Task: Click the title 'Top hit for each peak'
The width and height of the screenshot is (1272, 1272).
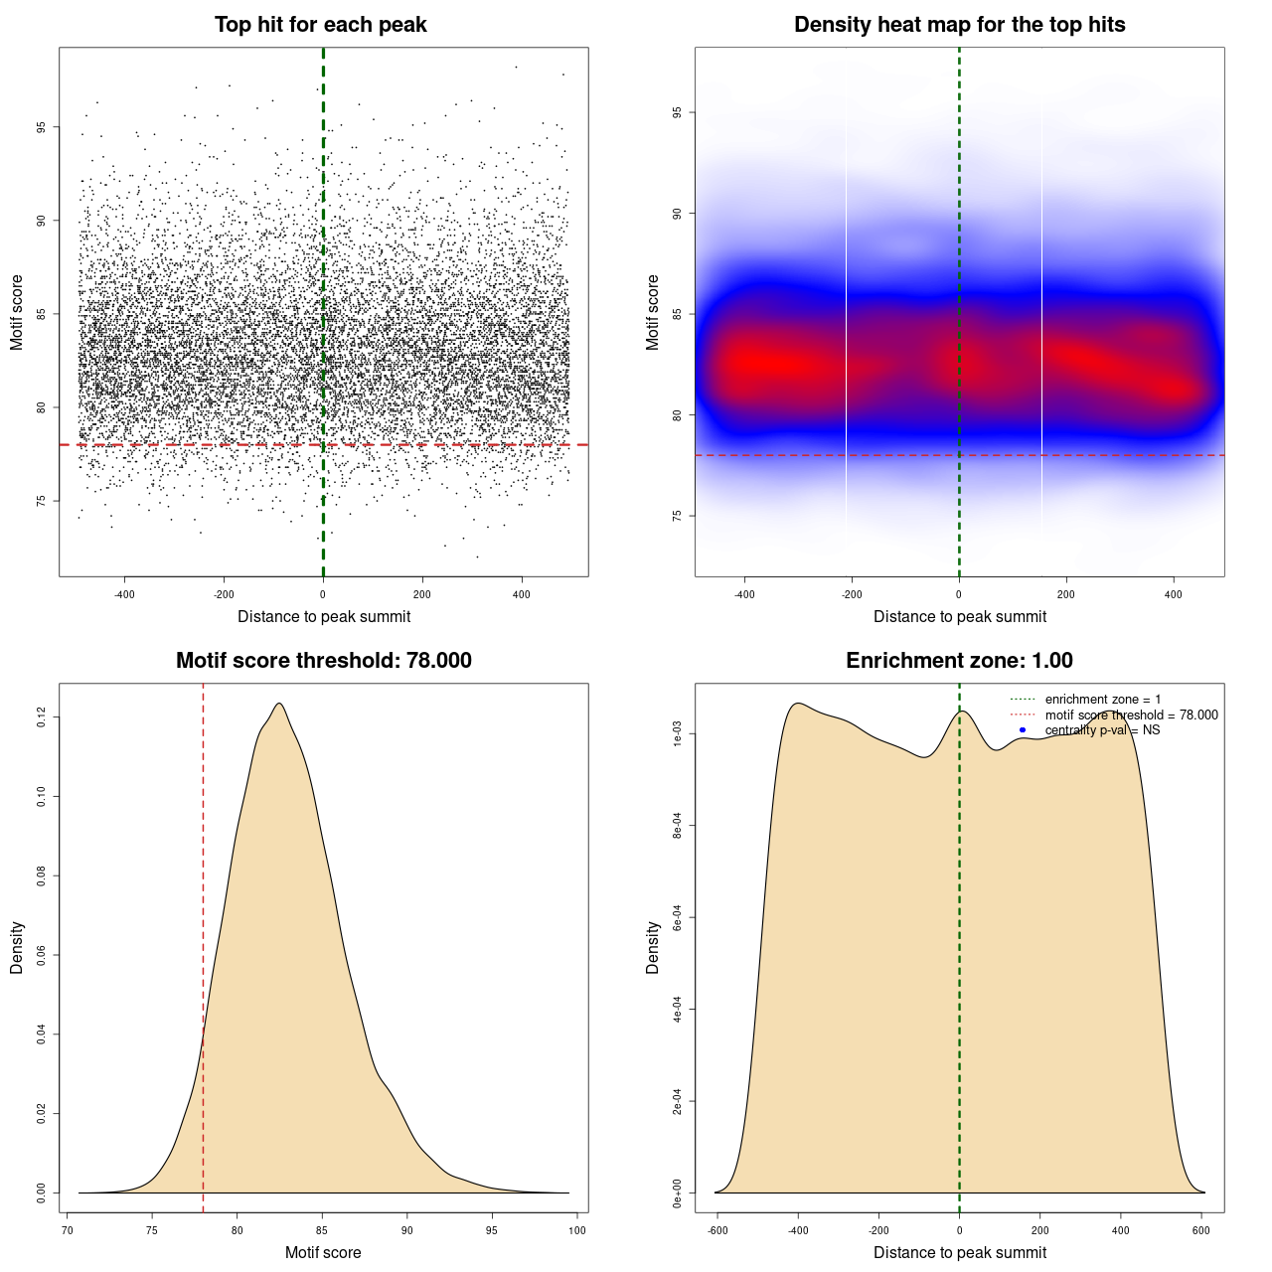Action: (320, 25)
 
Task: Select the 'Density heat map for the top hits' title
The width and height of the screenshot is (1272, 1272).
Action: (959, 25)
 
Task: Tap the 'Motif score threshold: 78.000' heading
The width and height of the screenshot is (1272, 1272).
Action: (323, 661)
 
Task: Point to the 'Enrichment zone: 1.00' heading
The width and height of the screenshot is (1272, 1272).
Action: (959, 661)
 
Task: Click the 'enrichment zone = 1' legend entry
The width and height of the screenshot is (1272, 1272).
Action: (1102, 700)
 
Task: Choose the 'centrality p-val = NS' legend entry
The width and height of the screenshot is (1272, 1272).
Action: (1102, 730)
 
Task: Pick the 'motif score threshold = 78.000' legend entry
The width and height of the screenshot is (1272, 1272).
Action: (1131, 715)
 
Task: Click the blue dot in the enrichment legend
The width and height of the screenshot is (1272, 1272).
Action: (1023, 730)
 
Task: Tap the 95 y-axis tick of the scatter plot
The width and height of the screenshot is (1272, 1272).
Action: (42, 127)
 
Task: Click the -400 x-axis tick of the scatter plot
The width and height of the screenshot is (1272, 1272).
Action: (124, 595)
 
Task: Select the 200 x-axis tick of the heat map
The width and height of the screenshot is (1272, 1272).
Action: (1066, 595)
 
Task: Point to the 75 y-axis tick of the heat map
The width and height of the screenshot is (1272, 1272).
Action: (678, 516)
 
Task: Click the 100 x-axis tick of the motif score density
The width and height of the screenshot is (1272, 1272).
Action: (577, 1230)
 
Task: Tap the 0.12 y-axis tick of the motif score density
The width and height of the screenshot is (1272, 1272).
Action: (42, 716)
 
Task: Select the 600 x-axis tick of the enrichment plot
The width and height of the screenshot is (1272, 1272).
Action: (1201, 1230)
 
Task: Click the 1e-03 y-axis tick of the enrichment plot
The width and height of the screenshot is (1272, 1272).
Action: (678, 734)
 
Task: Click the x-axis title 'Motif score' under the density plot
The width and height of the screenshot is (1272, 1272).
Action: (323, 1253)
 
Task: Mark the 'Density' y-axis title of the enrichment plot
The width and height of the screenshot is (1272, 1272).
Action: (653, 947)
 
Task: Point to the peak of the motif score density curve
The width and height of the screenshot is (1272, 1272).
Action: (279, 704)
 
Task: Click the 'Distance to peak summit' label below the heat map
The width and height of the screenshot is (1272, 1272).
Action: (959, 617)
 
